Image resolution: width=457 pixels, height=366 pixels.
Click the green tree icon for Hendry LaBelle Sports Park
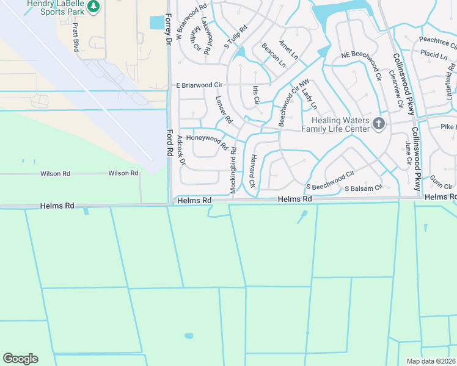tap(93, 7)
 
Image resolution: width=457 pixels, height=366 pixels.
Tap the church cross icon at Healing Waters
tap(379, 124)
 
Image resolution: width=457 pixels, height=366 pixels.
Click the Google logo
tap(20, 359)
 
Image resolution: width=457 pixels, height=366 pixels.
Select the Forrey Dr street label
tap(169, 29)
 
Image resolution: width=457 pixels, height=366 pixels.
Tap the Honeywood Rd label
tap(207, 142)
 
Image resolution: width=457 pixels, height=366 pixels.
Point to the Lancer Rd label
tap(224, 110)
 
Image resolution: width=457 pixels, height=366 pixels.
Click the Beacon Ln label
tap(273, 55)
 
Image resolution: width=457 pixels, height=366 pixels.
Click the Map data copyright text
tap(431, 361)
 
